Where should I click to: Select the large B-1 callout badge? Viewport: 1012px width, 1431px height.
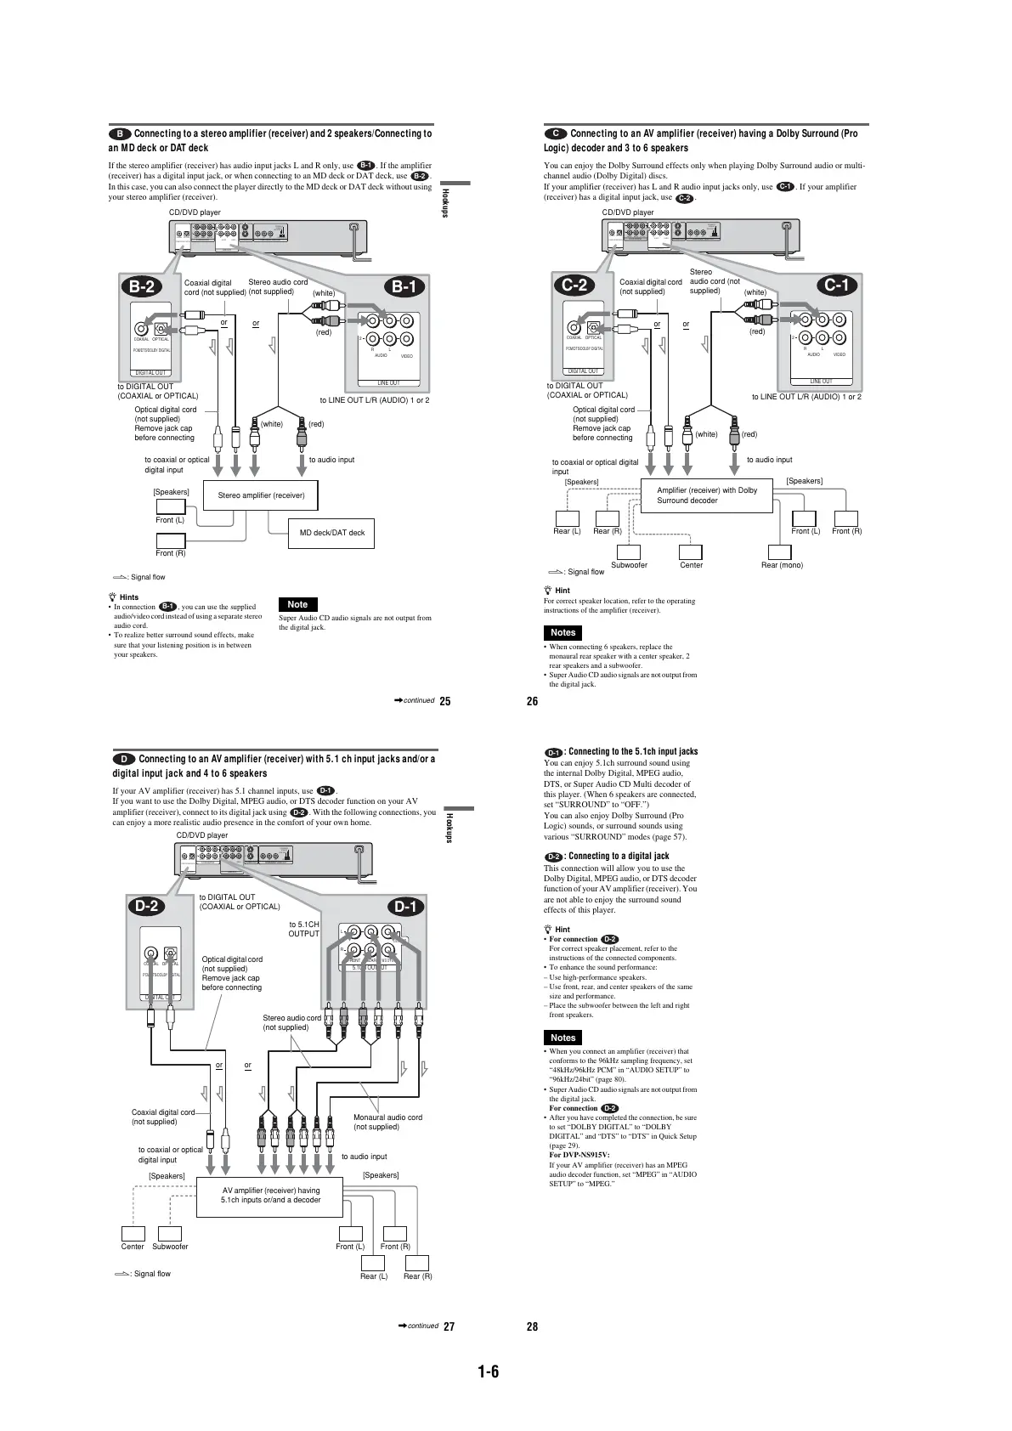click(x=404, y=286)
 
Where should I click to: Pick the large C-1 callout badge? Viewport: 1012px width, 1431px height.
click(x=838, y=285)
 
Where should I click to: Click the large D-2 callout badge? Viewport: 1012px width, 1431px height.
click(x=147, y=906)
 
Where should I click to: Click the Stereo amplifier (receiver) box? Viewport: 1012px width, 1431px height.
click(x=261, y=495)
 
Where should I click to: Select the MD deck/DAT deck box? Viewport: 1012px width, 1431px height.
click(x=331, y=533)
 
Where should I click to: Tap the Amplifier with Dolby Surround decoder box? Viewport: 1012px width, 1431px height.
click(x=706, y=495)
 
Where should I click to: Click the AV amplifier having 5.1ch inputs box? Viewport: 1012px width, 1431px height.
click(x=270, y=1195)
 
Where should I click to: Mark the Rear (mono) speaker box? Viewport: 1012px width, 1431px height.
click(x=780, y=551)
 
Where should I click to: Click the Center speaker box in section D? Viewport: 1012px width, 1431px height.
click(x=133, y=1234)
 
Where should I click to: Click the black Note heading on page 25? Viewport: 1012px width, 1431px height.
click(x=297, y=604)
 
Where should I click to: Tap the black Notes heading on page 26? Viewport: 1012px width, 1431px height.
click(x=563, y=632)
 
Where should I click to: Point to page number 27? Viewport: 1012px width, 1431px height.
click(x=449, y=1326)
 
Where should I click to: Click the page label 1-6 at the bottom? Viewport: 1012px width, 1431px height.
click(x=488, y=1371)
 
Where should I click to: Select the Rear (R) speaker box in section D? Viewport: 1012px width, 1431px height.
click(x=417, y=1263)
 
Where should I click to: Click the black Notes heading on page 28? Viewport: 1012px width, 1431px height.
click(x=563, y=1038)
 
